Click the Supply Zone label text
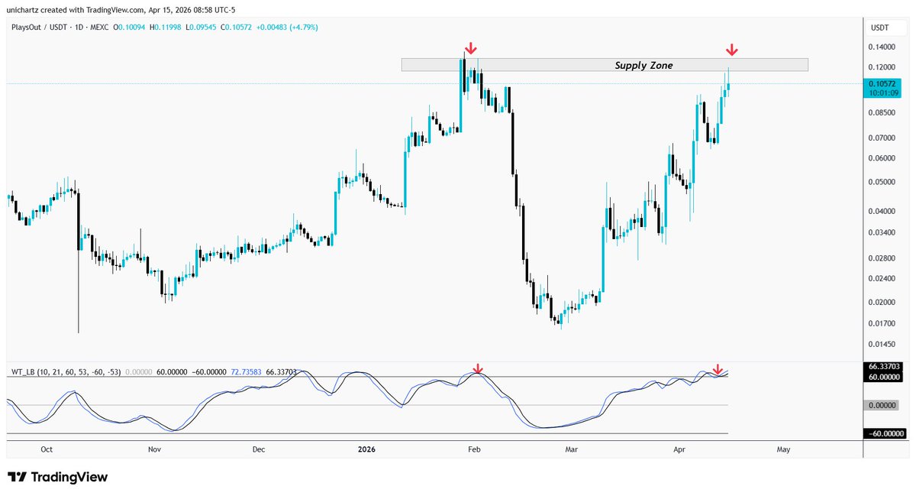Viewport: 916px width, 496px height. point(643,66)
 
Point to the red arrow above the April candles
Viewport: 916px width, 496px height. point(732,50)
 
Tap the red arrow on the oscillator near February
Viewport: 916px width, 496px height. point(478,370)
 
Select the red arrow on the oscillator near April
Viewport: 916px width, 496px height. point(717,371)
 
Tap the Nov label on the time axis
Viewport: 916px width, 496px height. point(155,449)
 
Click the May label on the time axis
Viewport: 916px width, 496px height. point(783,449)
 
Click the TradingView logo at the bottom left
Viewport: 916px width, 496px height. point(58,478)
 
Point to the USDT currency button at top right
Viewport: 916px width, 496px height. point(882,28)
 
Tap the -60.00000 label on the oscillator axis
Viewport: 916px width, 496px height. point(884,434)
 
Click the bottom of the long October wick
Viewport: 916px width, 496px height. point(79,332)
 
